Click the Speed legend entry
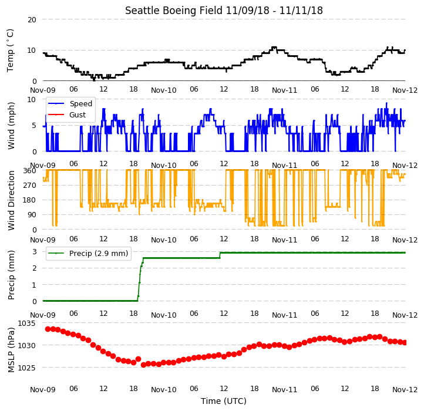coord(70,103)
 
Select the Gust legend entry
coord(67,115)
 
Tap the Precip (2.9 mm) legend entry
coord(88,254)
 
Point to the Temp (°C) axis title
coord(10,50)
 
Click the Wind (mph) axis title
coord(11,126)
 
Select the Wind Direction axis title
coord(11,200)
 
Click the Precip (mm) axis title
coord(11,275)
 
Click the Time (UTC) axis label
coord(224,401)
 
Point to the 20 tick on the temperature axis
coord(32,20)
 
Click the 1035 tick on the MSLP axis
coord(26,324)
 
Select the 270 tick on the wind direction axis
coord(31,186)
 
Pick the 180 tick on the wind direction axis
coord(31,200)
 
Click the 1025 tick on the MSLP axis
coord(26,368)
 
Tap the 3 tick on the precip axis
coord(35,252)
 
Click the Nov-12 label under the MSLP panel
coord(405,390)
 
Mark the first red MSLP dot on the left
coord(48,329)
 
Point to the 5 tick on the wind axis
coord(35,126)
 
